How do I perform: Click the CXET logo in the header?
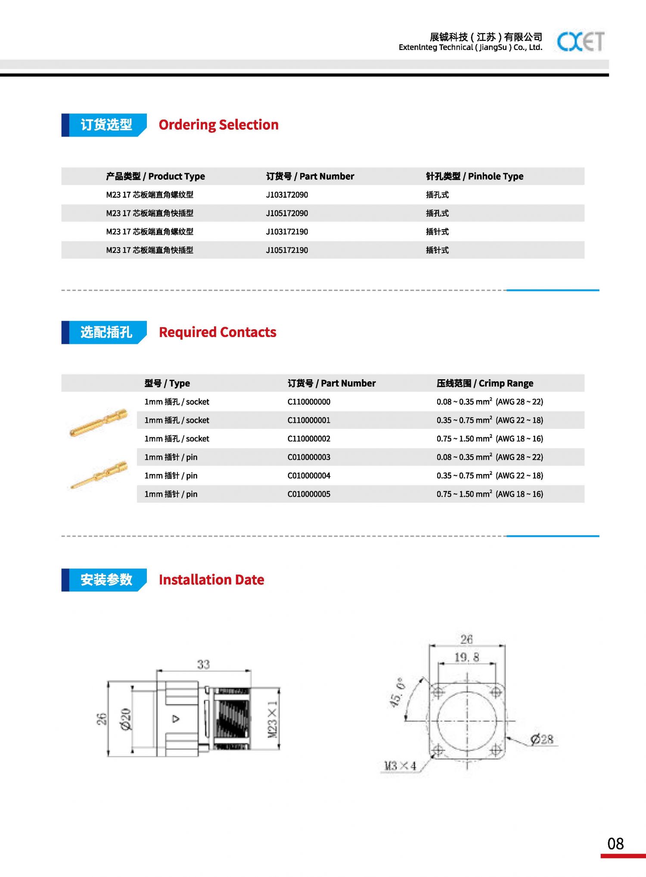tap(580, 41)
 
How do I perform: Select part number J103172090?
tap(287, 195)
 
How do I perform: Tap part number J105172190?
tap(287, 250)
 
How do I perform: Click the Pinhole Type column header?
tap(475, 176)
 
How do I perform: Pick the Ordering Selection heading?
tap(218, 125)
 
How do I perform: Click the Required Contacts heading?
tap(217, 332)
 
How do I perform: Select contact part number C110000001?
tap(309, 420)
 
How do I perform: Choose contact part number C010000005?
tap(309, 494)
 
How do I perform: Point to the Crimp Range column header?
tap(485, 383)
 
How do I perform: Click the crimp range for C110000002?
tap(490, 439)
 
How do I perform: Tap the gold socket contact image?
tap(99, 422)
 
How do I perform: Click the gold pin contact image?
tap(99, 475)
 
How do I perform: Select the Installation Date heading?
tap(211, 580)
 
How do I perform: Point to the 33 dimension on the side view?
tap(203, 665)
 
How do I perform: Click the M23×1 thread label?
tap(272, 719)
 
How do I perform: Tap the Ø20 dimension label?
tap(126, 719)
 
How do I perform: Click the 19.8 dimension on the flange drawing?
tap(467, 658)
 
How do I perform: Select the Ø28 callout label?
tap(542, 740)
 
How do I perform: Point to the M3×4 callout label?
tap(400, 766)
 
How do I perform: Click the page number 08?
tap(615, 844)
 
